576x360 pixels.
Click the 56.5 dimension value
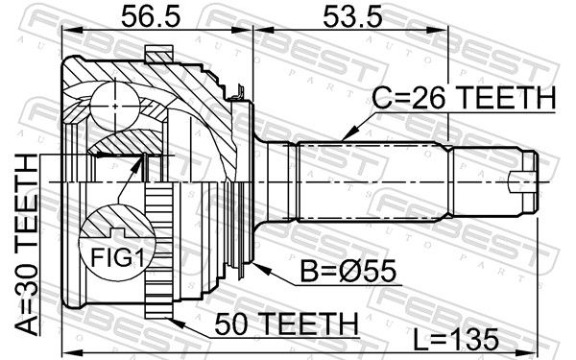tap(151, 17)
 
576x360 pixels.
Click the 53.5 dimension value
tap(352, 17)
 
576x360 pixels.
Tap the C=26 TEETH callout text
tap(464, 98)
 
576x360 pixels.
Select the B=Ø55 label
tap(348, 271)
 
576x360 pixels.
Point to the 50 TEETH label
tap(286, 324)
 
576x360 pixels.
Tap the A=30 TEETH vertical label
tap(27, 245)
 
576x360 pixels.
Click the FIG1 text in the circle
tap(117, 257)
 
